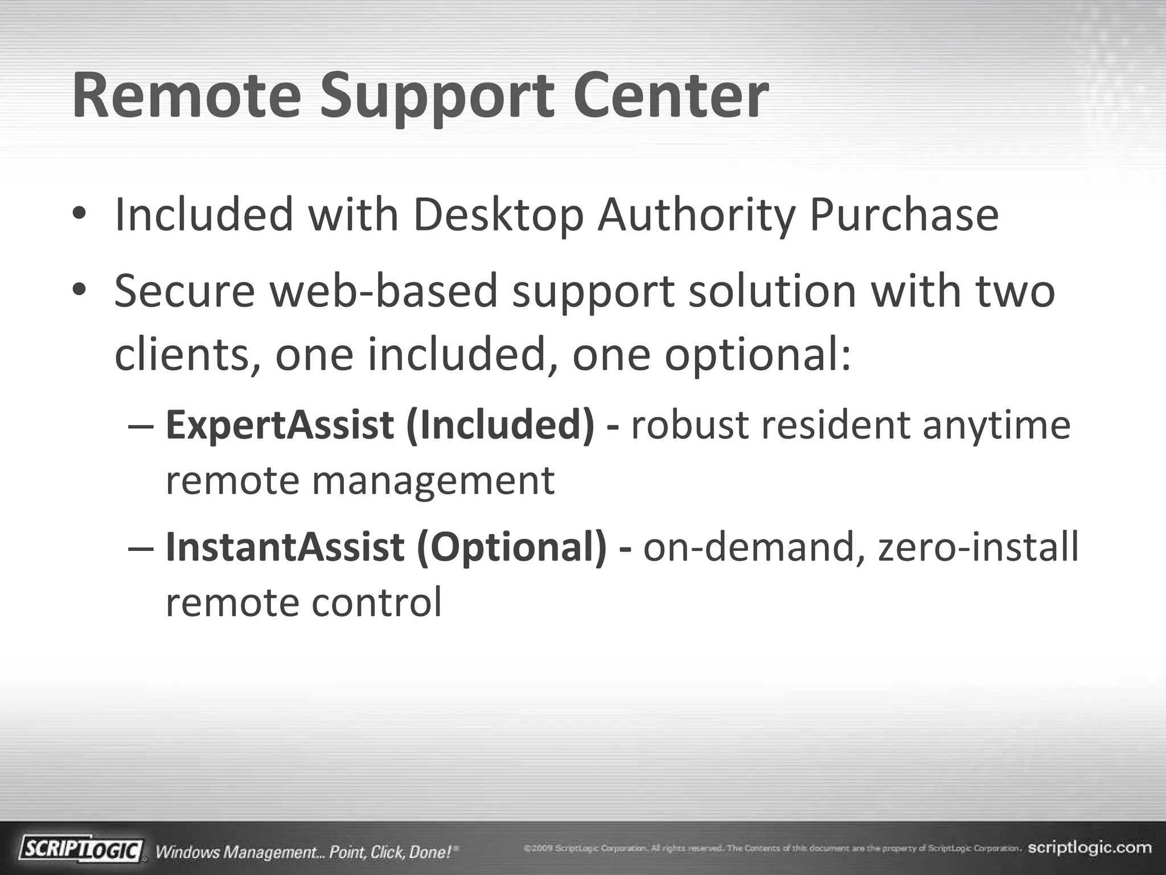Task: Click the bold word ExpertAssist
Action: coord(280,426)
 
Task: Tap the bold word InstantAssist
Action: coord(285,547)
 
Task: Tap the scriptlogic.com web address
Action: coord(1090,848)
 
